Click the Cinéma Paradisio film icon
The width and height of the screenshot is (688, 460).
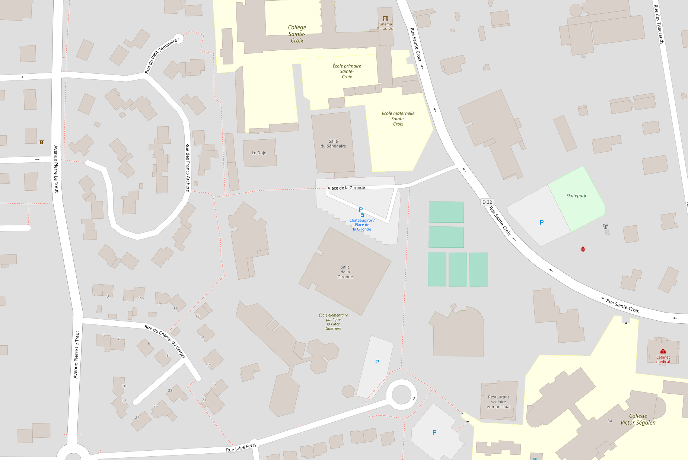coord(385,19)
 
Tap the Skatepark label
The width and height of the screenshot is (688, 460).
coord(576,196)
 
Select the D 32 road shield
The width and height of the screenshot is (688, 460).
coord(487,202)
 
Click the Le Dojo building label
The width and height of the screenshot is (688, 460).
coord(259,153)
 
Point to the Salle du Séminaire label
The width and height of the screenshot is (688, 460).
coord(333,144)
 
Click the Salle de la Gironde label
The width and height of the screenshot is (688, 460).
coord(345,272)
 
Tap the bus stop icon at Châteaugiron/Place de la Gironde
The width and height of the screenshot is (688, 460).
coord(362,215)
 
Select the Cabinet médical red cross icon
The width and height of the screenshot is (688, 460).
coord(663,351)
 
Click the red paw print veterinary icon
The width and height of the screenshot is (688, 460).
coord(583,249)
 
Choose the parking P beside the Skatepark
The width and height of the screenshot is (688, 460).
coord(542,222)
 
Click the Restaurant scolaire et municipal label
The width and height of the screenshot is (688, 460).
coord(499,402)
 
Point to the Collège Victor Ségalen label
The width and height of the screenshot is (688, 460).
coord(638,419)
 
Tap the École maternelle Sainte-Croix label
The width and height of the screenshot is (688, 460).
coord(398,118)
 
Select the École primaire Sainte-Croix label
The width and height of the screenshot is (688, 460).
coord(347,71)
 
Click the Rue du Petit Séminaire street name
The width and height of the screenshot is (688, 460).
coord(160,56)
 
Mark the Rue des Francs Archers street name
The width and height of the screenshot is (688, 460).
coord(187,167)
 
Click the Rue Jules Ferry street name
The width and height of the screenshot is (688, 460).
coord(241,447)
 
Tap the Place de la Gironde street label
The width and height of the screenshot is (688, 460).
coord(346,188)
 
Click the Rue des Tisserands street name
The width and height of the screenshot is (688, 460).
coord(659,24)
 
